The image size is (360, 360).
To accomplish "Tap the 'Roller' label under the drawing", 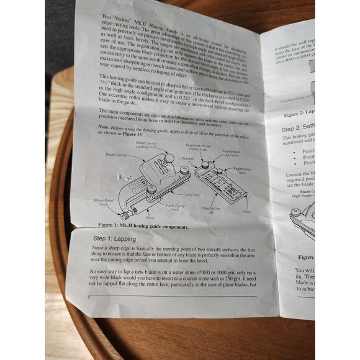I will pos(151,218).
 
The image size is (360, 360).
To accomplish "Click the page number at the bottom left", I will pos(89,299).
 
